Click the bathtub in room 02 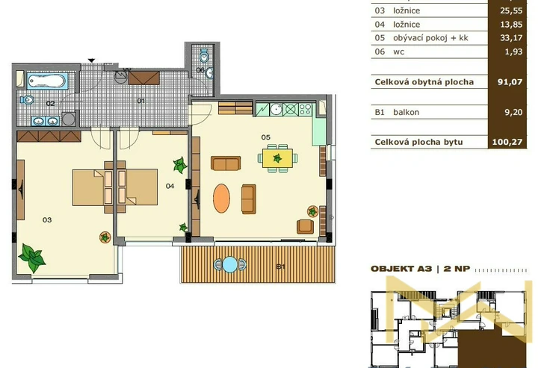(x=46, y=81)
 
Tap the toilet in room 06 (x=204, y=56)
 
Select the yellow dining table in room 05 (x=277, y=158)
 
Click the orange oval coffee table (x=221, y=199)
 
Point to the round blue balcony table (x=229, y=265)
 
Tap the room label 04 (x=170, y=186)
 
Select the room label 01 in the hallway (x=141, y=101)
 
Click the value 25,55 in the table (x=511, y=10)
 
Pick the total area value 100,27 (x=507, y=142)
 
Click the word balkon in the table (x=407, y=112)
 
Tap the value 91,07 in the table (x=510, y=82)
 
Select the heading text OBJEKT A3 (x=401, y=269)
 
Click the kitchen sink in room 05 (x=276, y=109)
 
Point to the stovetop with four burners (x=306, y=110)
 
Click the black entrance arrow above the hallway (x=91, y=60)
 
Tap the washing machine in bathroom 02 (x=69, y=119)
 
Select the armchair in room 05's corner (x=305, y=226)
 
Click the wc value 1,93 (x=513, y=52)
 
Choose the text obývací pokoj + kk (x=430, y=38)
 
